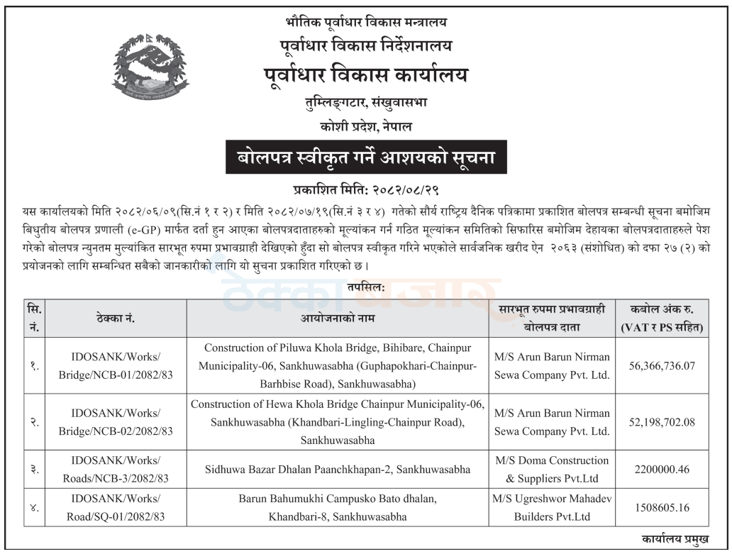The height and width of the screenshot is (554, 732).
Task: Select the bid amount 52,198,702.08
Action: (x=662, y=422)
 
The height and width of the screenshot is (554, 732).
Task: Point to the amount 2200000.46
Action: (x=662, y=470)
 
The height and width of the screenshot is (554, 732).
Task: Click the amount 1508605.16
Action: (x=662, y=508)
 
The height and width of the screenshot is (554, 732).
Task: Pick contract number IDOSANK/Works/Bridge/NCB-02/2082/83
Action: (x=116, y=422)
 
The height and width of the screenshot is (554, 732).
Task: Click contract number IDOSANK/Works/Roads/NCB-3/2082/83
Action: (x=116, y=470)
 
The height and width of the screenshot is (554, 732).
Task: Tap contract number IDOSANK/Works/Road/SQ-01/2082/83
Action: (x=116, y=508)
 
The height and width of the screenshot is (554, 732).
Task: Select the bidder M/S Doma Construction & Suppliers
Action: (x=552, y=470)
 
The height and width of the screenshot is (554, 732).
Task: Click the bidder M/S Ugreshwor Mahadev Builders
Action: (x=552, y=508)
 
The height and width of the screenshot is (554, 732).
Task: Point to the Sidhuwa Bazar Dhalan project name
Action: (x=338, y=470)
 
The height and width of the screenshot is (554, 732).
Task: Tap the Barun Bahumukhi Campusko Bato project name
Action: (x=338, y=508)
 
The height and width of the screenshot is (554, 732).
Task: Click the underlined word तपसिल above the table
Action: (x=366, y=287)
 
